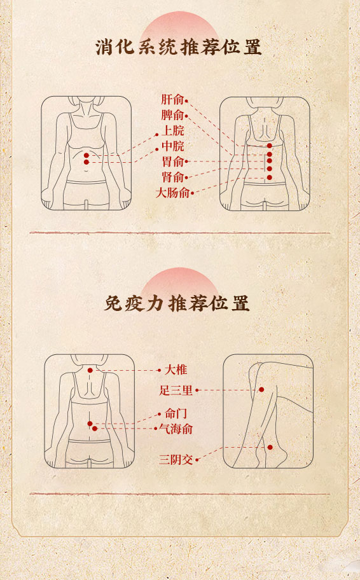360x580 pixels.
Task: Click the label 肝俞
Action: click(x=172, y=99)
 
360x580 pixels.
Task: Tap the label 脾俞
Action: click(x=172, y=115)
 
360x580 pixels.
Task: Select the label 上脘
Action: click(x=173, y=130)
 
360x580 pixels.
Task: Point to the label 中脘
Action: click(x=173, y=146)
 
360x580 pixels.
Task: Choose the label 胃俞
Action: click(x=173, y=162)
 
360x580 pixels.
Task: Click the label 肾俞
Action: click(x=173, y=177)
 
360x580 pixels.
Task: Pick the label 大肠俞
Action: click(x=172, y=193)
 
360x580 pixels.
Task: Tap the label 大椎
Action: click(x=176, y=369)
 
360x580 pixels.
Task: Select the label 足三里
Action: click(x=176, y=390)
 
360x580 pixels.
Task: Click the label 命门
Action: click(x=176, y=413)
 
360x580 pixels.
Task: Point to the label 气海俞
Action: click(x=176, y=429)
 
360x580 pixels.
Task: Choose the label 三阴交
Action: click(x=176, y=460)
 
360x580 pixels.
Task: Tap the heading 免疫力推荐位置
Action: click(x=177, y=303)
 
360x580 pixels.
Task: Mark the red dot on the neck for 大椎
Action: click(x=90, y=370)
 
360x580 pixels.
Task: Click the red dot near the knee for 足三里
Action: click(x=261, y=389)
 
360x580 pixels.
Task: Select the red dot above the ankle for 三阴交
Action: click(x=270, y=448)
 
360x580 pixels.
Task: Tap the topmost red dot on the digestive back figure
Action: click(x=270, y=146)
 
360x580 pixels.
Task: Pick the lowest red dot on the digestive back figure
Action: click(x=270, y=178)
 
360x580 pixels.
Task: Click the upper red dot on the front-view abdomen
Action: click(x=87, y=155)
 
